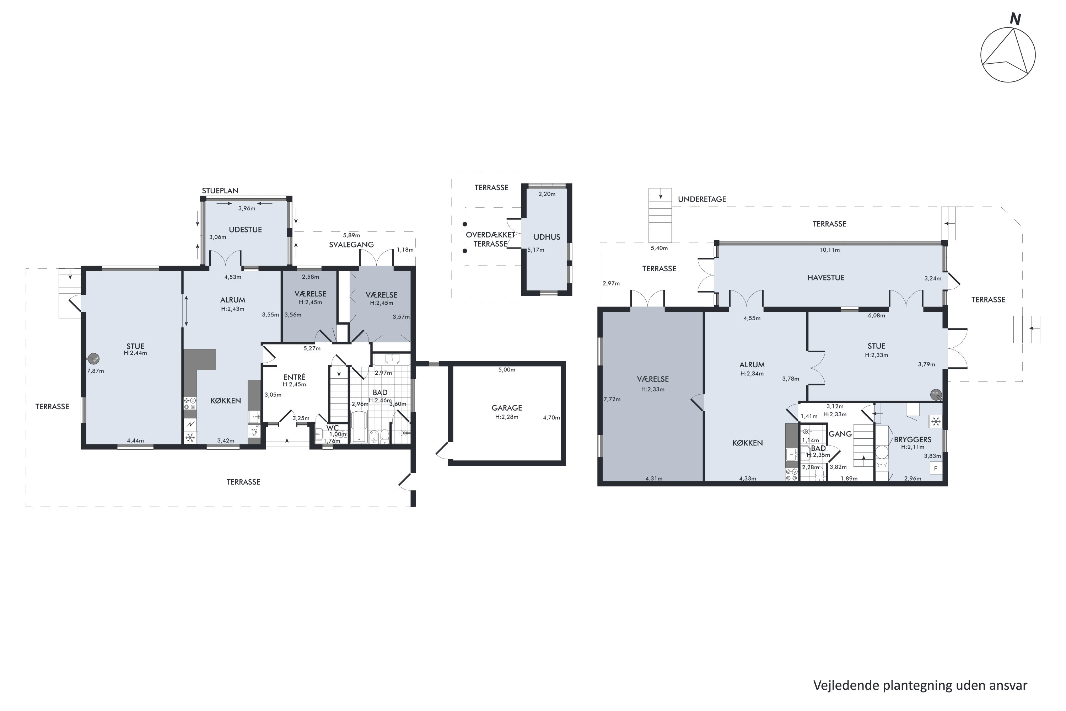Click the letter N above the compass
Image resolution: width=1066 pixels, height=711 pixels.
[x=1015, y=20]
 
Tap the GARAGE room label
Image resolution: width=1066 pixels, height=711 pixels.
[x=507, y=408]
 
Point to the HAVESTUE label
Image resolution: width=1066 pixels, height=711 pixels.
[x=826, y=278]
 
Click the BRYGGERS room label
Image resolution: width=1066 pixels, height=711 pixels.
[x=912, y=440]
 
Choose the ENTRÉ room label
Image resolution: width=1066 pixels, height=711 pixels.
[x=295, y=377]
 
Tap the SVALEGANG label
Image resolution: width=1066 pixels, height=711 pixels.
[x=351, y=245]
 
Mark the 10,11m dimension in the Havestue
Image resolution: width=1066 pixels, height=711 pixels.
[x=829, y=250]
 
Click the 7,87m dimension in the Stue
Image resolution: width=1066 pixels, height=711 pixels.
[x=96, y=371]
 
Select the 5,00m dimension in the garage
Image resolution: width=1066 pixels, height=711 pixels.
[x=507, y=370]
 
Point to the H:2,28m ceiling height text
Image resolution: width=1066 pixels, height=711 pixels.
[x=507, y=417]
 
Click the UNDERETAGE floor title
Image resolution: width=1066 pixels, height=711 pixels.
[x=702, y=199]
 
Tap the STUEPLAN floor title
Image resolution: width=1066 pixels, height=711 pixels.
[x=220, y=191]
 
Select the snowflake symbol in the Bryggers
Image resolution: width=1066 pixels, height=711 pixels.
[x=936, y=422]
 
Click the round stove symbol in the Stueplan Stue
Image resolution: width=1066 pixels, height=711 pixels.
[x=94, y=359]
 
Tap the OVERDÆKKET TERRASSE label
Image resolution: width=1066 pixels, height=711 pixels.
[x=490, y=239]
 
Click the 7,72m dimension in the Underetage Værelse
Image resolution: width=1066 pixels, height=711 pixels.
[x=612, y=400]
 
